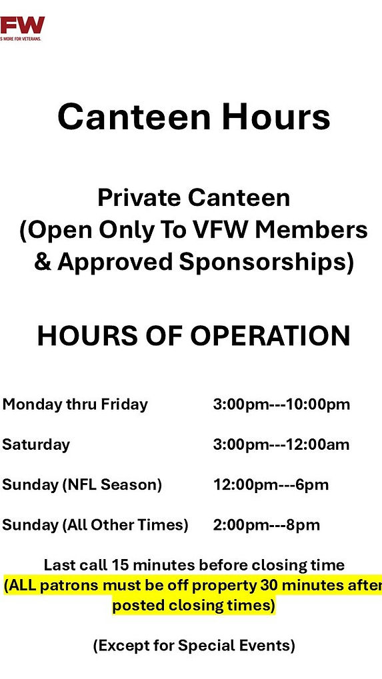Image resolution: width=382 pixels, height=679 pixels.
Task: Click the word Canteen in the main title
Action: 134,117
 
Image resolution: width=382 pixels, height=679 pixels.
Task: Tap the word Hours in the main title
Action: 276,117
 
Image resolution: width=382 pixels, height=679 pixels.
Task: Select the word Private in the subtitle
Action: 139,197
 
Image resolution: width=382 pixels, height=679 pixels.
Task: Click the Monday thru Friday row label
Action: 75,404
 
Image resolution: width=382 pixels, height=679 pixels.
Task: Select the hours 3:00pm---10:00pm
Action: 281,404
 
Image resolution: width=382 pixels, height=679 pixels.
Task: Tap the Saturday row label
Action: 36,444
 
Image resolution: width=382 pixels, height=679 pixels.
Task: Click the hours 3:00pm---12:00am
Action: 281,444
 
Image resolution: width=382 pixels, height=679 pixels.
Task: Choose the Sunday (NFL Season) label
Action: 82,484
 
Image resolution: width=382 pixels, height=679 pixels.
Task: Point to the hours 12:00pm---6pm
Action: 271,484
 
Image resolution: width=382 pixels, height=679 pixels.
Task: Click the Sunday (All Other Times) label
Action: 95,524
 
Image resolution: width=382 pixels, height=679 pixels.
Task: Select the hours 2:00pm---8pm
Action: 267,524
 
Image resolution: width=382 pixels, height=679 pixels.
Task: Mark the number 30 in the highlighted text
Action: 272,586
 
